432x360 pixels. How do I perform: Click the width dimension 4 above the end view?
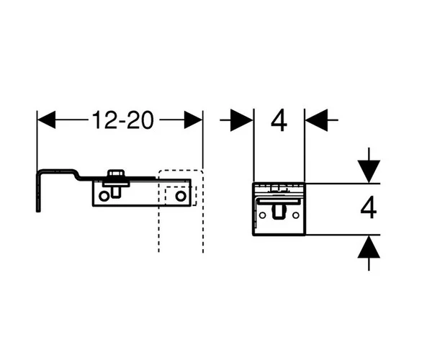[x=279, y=120]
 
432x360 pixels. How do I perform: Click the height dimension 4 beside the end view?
[x=368, y=209]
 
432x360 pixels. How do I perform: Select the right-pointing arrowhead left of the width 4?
[x=242, y=120]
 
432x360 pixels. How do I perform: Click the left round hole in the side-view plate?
[x=106, y=195]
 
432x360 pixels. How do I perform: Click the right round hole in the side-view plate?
[x=180, y=195]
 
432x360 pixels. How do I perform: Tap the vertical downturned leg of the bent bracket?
[x=37, y=191]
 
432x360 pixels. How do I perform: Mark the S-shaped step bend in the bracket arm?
[x=75, y=174]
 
